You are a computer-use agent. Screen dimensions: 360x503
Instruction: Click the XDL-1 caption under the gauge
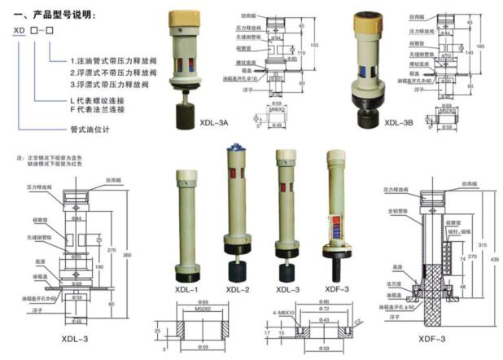[x=186, y=289]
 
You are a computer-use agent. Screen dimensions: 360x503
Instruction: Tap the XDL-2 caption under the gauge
[x=238, y=289]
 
